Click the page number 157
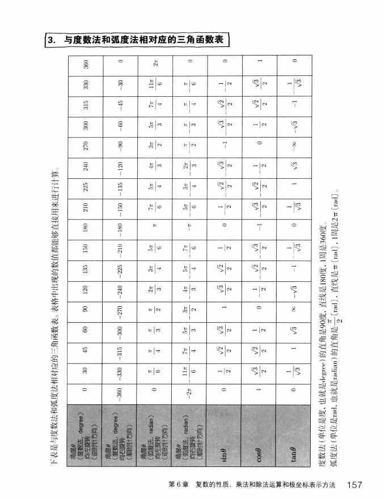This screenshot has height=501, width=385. (x=354, y=485)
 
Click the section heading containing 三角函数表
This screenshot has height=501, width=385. (x=140, y=40)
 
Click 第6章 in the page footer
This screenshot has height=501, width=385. (x=180, y=486)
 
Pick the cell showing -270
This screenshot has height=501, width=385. (x=119, y=310)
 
